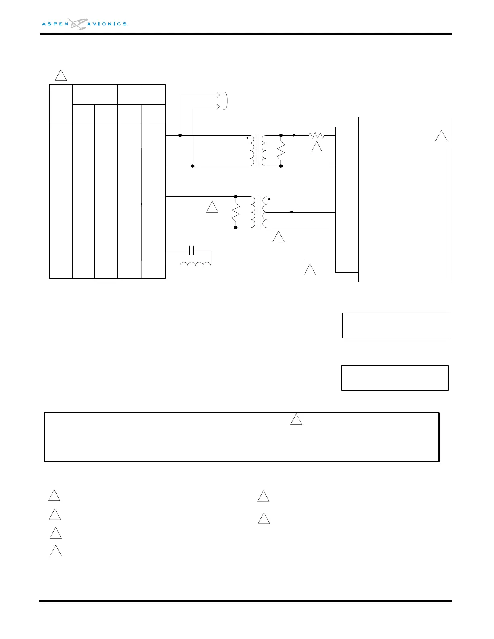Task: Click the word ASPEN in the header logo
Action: point(55,24)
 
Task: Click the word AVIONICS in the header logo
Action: point(107,24)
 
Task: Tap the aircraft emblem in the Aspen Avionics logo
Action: point(78,24)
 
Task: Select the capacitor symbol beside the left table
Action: point(193,251)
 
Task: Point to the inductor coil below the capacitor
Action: point(195,264)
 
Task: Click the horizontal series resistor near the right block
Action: point(316,136)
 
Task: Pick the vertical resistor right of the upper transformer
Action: point(280,150)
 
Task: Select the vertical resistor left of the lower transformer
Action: point(236,212)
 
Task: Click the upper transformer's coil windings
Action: point(258,150)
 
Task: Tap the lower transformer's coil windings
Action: point(258,212)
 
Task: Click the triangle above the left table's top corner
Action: point(61,75)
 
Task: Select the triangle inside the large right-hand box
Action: point(442,136)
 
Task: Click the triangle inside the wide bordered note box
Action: point(296,420)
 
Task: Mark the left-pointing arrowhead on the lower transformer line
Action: point(291,212)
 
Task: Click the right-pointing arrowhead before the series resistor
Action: point(295,136)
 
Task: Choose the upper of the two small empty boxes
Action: point(395,325)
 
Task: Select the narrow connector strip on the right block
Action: point(347,200)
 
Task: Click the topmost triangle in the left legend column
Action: point(54,495)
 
